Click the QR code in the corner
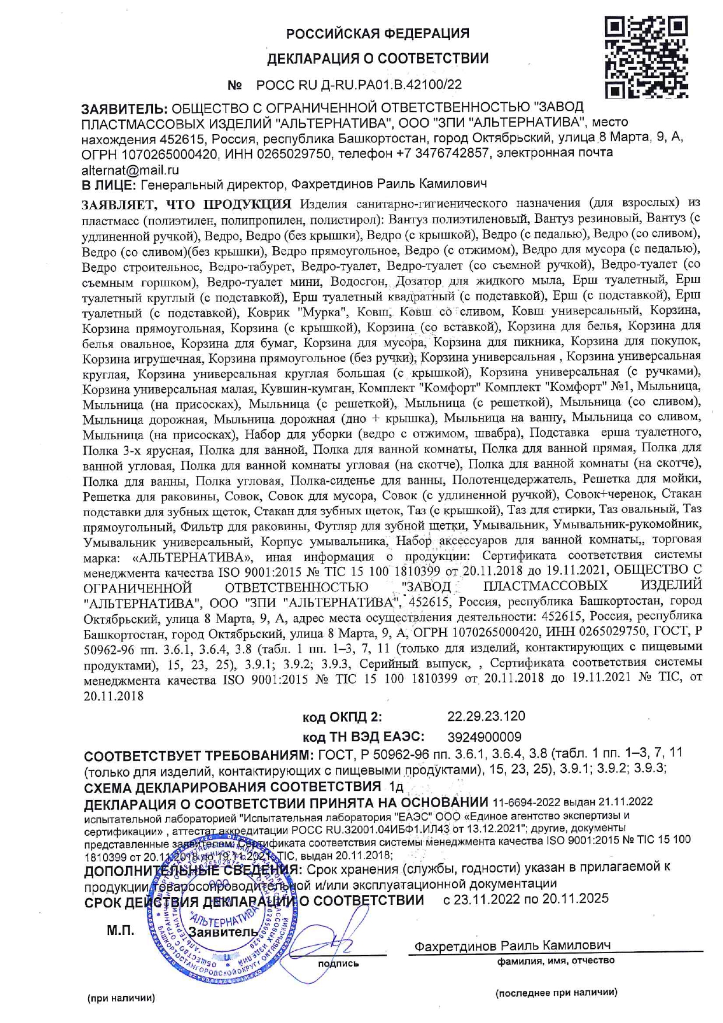coord(646,57)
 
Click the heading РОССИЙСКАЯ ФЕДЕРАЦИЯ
coord(377,33)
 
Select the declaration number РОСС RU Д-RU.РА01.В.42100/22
coord(359,85)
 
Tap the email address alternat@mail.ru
coord(130,170)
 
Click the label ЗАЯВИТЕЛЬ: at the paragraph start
coord(124,108)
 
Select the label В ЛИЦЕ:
coord(109,185)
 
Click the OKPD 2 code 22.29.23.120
coord(486,716)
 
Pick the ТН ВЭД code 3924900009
coord(485,737)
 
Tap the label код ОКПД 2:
coord(342,717)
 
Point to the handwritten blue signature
coord(338,936)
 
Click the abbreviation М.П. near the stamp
coord(120,931)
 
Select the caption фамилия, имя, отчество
coord(556,961)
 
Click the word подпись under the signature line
coord(338,964)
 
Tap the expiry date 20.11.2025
coord(575,899)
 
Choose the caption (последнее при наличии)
coord(556,992)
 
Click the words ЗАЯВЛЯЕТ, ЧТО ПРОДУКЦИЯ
coord(187,204)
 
